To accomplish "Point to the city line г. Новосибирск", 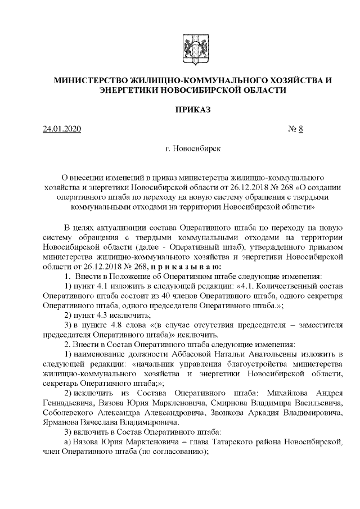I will [x=192, y=150].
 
